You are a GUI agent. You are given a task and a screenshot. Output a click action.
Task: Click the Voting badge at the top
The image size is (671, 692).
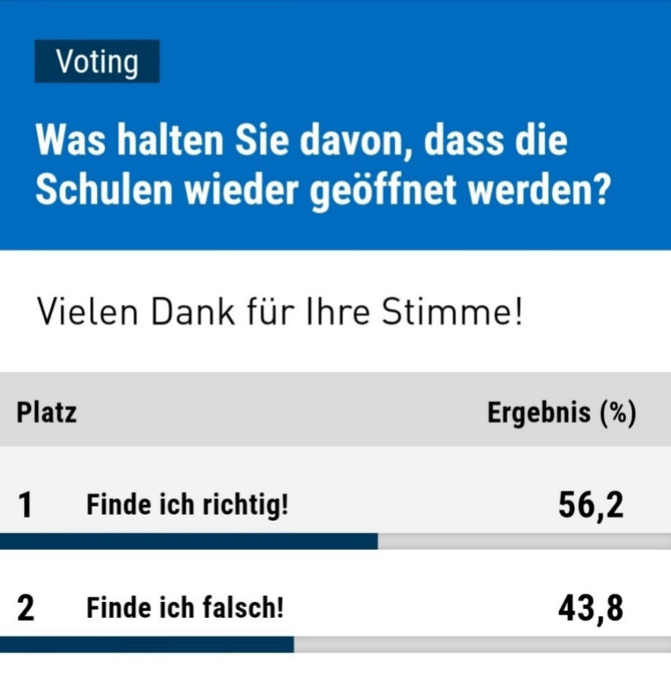tap(97, 61)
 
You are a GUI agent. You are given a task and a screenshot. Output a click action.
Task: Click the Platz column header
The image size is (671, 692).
tap(46, 414)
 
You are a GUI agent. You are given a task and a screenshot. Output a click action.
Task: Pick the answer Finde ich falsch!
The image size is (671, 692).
tap(184, 608)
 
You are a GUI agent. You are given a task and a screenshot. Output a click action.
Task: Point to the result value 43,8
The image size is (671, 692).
tap(591, 608)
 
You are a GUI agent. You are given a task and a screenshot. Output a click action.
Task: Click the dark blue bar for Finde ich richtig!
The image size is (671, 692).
tap(189, 541)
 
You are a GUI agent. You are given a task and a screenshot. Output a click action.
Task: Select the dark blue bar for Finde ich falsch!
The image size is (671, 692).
tap(147, 644)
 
